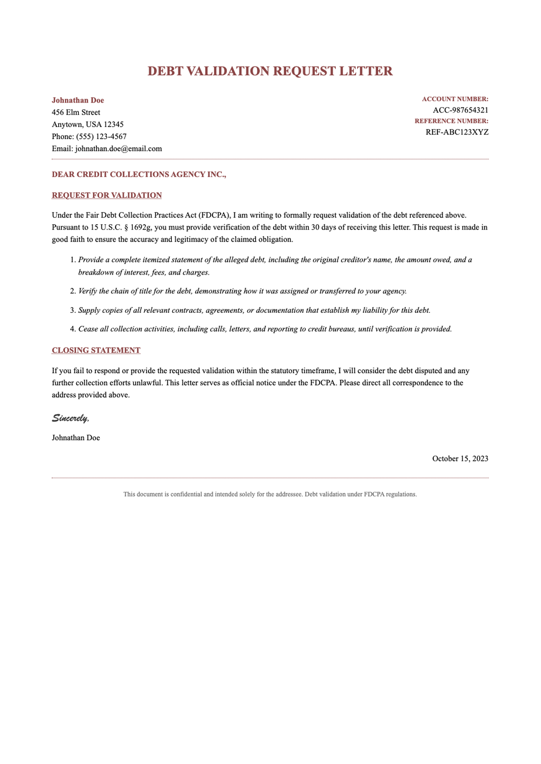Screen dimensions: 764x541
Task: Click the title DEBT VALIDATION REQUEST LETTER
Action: [270, 71]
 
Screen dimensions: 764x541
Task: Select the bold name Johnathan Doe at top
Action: [78, 100]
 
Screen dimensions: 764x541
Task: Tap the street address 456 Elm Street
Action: [76, 113]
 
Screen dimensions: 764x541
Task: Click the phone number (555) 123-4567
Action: [101, 136]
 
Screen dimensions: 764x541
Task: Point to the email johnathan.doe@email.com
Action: [119, 149]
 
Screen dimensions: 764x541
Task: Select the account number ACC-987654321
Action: [460, 110]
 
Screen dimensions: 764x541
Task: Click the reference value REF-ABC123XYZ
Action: [457, 132]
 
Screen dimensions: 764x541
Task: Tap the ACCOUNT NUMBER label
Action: [455, 99]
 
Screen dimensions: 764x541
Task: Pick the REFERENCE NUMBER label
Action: [451, 121]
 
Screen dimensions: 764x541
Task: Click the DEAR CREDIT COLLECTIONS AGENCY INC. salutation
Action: [139, 175]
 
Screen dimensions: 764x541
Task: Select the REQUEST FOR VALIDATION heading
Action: [107, 195]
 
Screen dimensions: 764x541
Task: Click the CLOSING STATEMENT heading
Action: [96, 350]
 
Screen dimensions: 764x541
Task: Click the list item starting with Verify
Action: [243, 291]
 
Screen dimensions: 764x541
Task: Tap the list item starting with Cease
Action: [265, 329]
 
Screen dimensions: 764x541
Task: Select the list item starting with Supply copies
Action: [254, 310]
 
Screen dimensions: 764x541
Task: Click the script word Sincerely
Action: [70, 418]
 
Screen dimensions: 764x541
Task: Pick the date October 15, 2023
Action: [460, 459]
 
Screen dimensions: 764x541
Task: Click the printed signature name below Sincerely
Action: [76, 438]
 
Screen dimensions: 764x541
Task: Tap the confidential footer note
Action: [270, 494]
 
